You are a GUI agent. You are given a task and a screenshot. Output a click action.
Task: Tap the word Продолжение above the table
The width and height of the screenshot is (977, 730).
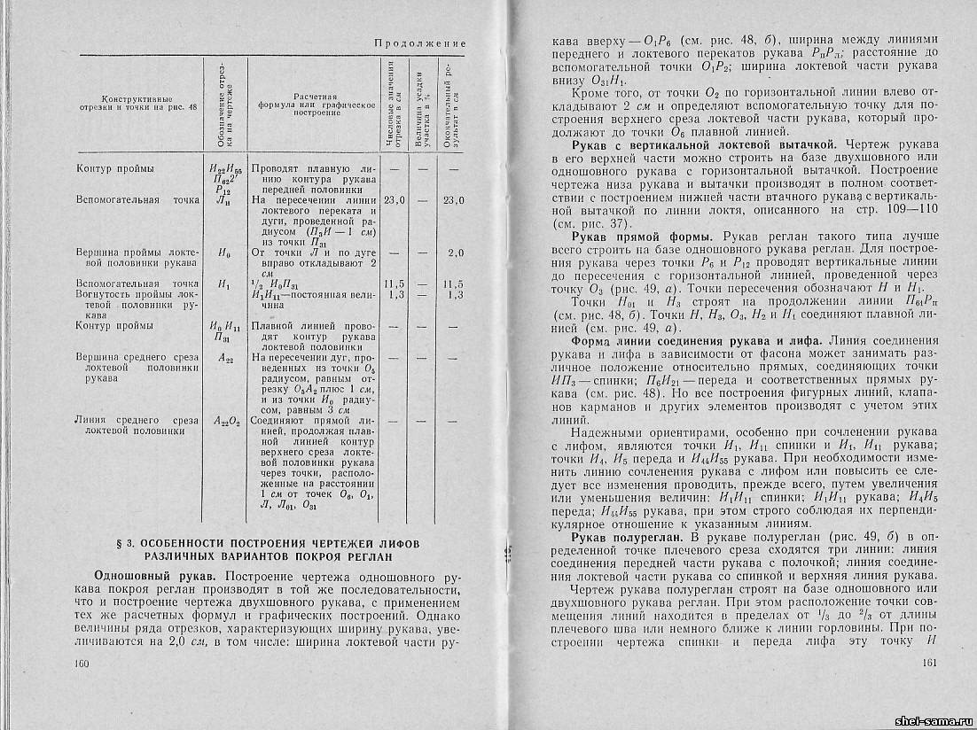[419, 43]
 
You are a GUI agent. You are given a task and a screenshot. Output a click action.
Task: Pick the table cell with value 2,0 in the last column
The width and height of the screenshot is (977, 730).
[456, 253]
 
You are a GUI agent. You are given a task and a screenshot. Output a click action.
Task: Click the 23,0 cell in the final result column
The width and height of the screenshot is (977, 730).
[454, 200]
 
